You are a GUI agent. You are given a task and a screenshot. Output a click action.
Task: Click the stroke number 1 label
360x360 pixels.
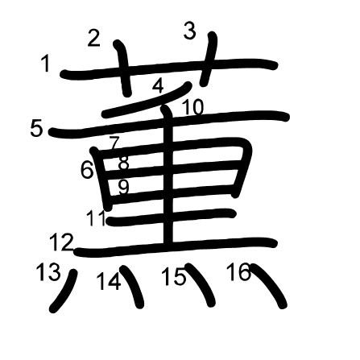tap(46, 63)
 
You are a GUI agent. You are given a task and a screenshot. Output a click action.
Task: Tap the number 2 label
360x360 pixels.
tap(94, 38)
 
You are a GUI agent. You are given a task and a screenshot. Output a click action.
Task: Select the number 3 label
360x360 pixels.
tap(190, 31)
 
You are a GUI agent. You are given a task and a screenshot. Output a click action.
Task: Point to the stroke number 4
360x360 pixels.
tap(158, 86)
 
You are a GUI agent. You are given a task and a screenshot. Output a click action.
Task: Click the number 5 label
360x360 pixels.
tap(36, 128)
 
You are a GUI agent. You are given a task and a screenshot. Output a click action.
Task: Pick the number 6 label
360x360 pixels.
tap(87, 170)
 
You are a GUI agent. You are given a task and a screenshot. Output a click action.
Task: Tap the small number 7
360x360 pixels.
tap(114, 143)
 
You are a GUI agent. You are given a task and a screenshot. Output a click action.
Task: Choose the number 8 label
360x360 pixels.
tap(124, 163)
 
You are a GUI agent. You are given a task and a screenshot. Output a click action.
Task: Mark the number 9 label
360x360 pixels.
tap(124, 187)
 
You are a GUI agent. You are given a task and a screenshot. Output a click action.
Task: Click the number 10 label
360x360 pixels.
tap(193, 107)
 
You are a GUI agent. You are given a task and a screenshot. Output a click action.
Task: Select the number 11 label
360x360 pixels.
tap(96, 217)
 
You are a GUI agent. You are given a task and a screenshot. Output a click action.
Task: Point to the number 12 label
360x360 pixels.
tap(61, 242)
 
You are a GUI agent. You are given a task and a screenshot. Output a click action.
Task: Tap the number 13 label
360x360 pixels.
tap(48, 272)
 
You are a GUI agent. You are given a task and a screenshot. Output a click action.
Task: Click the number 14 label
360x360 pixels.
tap(108, 282)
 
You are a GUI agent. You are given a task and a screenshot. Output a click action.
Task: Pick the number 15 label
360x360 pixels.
tap(174, 276)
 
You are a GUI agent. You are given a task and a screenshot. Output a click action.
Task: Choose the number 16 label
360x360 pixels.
tap(238, 271)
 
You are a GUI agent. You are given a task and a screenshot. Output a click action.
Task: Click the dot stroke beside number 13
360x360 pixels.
tap(64, 292)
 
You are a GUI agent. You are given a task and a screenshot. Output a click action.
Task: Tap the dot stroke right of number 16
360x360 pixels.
tap(268, 285)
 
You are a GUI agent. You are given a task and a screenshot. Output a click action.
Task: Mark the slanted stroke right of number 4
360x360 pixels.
tap(147, 100)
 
